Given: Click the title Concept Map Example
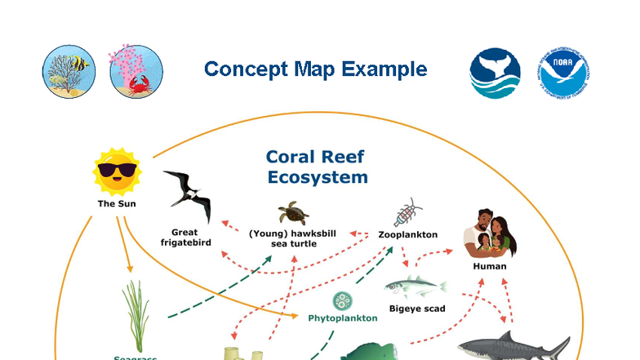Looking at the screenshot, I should [x=315, y=69].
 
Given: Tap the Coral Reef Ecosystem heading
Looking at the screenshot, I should [x=315, y=167].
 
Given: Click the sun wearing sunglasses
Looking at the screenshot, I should [x=118, y=171].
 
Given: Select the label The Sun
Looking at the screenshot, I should [x=118, y=204].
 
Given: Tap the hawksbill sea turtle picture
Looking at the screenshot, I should [x=292, y=214].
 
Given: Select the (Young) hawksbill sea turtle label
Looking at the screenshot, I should [x=292, y=238].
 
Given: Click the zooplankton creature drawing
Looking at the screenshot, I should [x=407, y=212].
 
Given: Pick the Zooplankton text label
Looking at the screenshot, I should [x=408, y=235].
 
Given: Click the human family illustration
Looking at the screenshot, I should [x=490, y=232].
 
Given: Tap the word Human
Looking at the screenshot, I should [x=490, y=266].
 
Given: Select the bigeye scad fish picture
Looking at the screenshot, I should [x=416, y=287].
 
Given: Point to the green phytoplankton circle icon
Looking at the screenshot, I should [x=342, y=301].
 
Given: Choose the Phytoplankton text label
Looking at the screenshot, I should [x=343, y=318].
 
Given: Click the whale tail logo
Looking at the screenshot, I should [x=495, y=72].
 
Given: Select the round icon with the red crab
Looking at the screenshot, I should [x=136, y=71].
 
